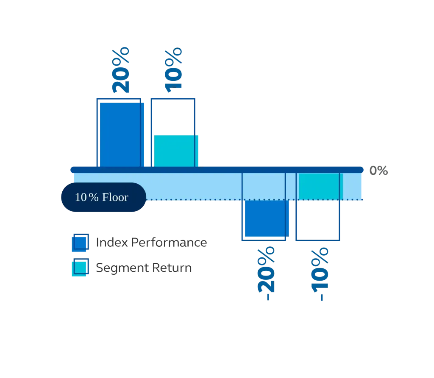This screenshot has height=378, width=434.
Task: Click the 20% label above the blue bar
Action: [122, 70]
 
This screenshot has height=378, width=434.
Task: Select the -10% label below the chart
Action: [319, 274]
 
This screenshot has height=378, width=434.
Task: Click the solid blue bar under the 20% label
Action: [120, 133]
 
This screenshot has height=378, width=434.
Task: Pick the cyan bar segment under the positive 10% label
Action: [175, 150]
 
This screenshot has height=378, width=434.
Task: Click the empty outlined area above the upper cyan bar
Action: [172, 116]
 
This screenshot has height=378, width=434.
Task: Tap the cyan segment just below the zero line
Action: [319, 186]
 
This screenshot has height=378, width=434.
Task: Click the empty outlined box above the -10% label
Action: [318, 220]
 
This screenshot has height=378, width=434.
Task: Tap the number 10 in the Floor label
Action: [81, 197]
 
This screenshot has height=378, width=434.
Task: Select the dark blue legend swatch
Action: [81, 242]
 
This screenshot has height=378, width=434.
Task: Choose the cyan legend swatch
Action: [81, 268]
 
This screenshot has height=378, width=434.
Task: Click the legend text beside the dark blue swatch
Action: [150, 242]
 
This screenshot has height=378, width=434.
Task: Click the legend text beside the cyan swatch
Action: [144, 268]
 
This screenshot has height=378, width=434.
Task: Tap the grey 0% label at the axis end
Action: [379, 170]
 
